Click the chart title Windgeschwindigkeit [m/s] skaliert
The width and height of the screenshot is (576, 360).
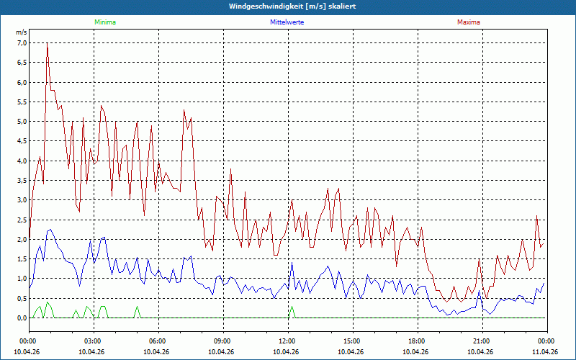click(x=287, y=6)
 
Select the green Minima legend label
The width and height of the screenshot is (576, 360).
click(x=104, y=22)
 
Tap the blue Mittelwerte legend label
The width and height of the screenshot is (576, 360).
click(x=287, y=22)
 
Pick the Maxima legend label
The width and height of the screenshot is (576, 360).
click(x=468, y=22)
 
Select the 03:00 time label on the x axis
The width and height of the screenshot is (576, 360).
click(x=92, y=341)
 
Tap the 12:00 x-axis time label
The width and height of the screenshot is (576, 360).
click(x=287, y=341)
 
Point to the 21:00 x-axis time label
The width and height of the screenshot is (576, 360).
click(x=481, y=341)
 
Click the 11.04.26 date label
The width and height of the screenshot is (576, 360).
click(x=545, y=351)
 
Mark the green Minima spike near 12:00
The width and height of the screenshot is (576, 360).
click(x=292, y=307)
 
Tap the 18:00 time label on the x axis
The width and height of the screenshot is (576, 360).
click(x=416, y=341)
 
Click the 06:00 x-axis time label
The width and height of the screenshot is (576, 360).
click(x=157, y=341)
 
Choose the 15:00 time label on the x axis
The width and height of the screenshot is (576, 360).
click(x=351, y=341)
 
